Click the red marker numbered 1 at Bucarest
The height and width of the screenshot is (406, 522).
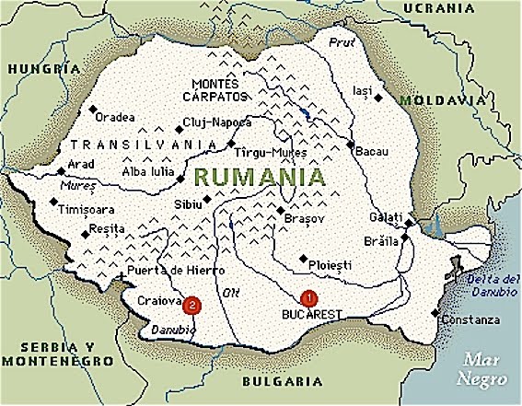click(308, 297)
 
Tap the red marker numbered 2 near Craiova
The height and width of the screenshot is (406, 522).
click(191, 304)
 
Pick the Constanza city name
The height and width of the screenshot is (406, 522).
click(471, 319)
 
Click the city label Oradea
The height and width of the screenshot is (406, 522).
click(114, 117)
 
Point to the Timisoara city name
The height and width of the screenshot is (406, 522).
click(87, 209)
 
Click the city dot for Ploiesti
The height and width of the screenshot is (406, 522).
click(302, 259)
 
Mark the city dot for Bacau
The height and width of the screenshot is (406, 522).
click(350, 145)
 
